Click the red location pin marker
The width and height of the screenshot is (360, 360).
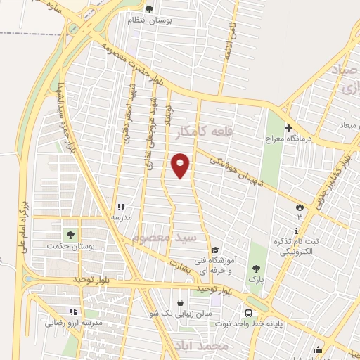coord(181,165)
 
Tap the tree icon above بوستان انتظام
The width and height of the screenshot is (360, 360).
coord(148,9)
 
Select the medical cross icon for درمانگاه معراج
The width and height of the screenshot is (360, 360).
coord(288,128)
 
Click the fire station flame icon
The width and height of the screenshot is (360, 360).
coord(301,207)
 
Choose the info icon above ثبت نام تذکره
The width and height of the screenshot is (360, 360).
coord(297,231)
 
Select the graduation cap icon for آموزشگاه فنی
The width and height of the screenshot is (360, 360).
coord(215,250)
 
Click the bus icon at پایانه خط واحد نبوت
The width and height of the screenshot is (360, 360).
coord(249,314)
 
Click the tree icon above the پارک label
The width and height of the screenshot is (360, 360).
coord(256,269)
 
